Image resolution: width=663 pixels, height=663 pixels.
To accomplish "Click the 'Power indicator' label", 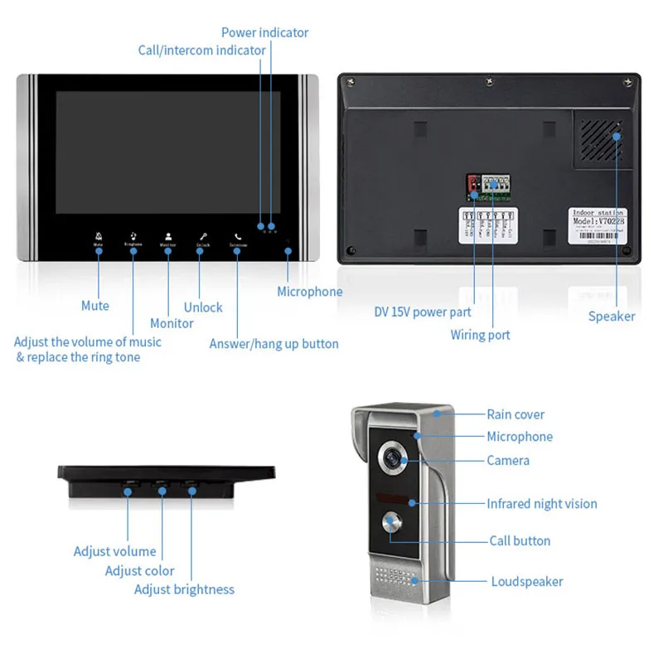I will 264,33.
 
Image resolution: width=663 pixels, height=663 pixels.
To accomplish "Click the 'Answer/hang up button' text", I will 273,343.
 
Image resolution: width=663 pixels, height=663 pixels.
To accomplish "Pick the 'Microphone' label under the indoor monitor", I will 309,292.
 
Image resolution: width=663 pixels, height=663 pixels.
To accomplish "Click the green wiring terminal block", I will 495,186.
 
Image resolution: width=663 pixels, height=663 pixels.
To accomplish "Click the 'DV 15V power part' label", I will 422,312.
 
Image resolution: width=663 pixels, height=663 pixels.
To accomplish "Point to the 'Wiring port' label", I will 480,335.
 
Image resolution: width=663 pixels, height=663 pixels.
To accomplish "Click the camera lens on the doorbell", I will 390,459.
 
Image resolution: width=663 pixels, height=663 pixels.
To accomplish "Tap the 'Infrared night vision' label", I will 541,504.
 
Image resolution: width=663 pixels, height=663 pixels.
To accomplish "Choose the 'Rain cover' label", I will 515,414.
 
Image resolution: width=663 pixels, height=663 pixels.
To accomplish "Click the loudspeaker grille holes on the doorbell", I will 394,577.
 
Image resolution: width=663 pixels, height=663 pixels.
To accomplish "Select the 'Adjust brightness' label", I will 184,589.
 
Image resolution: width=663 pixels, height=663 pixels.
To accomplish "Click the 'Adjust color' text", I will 139,570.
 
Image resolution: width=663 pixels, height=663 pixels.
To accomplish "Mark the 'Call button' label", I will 520,540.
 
